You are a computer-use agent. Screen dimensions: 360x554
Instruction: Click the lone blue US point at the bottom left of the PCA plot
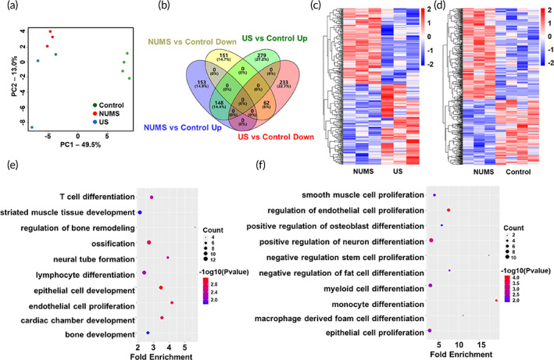32,127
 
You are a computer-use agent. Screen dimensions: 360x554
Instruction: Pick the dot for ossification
148,244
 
